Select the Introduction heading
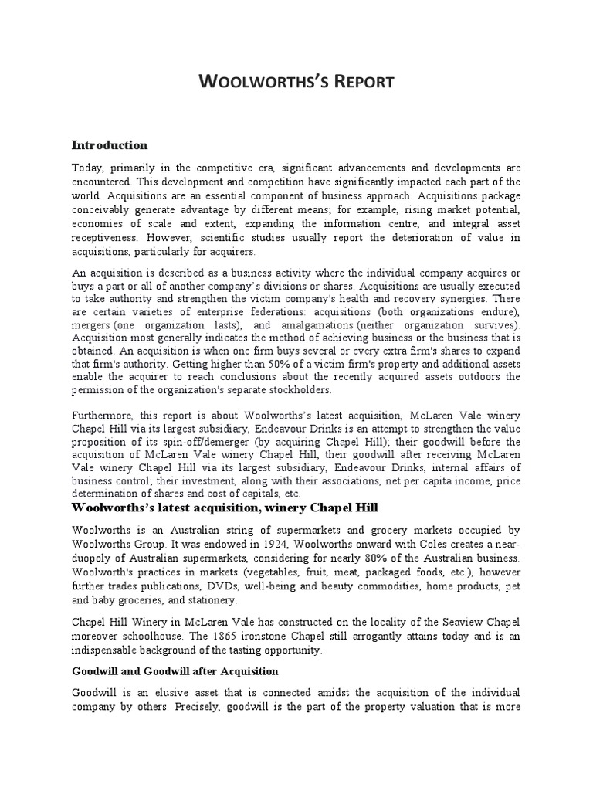tap(110, 145)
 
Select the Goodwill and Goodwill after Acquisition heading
tap(175, 670)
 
